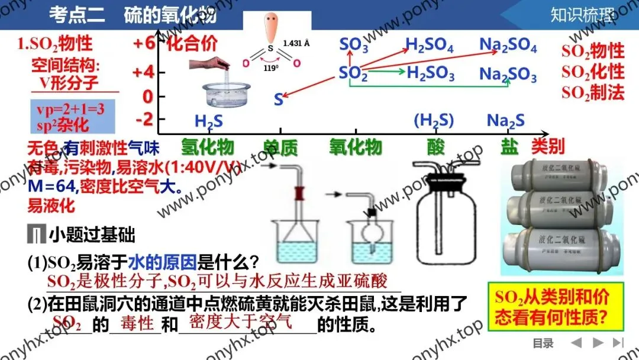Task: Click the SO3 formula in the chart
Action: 354,46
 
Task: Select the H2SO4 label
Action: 430,46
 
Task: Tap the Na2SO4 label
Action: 508,46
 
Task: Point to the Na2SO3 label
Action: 508,75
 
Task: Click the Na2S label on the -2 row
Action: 505,121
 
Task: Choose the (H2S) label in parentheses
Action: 434,121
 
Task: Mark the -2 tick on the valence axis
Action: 144,119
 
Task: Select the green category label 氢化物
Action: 207,147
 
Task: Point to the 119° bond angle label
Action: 271,67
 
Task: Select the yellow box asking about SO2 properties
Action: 551,307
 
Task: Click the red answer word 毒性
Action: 137,323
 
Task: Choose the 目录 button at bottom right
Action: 543,343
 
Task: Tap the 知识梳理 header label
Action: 582,15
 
